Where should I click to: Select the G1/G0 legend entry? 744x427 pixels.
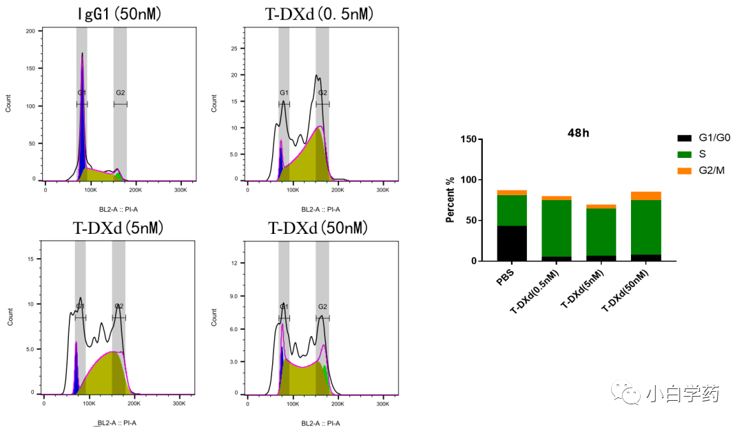coord(703,138)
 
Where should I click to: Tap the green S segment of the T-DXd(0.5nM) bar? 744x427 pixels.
coord(556,228)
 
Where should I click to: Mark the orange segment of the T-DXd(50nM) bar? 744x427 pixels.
coord(646,196)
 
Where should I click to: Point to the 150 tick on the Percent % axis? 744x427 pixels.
coord(467,139)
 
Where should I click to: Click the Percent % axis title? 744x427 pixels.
coord(450,200)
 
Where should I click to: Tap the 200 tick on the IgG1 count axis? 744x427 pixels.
coord(30,31)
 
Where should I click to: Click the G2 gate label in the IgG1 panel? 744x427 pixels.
coord(121,92)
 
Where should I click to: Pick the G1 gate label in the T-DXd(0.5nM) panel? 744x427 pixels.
coord(284,92)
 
